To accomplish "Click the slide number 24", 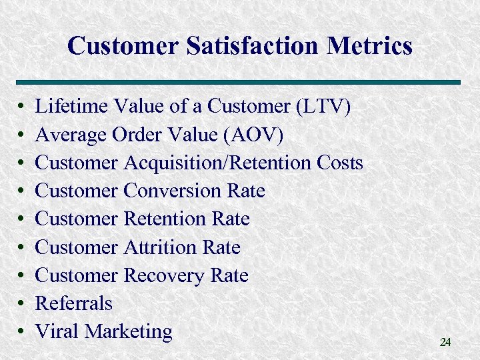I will pyautogui.click(x=445, y=342).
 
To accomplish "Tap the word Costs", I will pyautogui.click(x=339, y=163).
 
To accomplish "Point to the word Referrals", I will pyautogui.click(x=74, y=303).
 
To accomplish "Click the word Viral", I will pyautogui.click(x=55, y=331).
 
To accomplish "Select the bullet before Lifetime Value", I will pyautogui.click(x=21, y=107).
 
